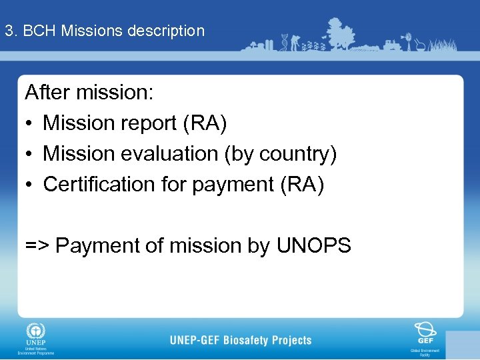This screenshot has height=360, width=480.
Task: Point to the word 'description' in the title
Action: (167, 31)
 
